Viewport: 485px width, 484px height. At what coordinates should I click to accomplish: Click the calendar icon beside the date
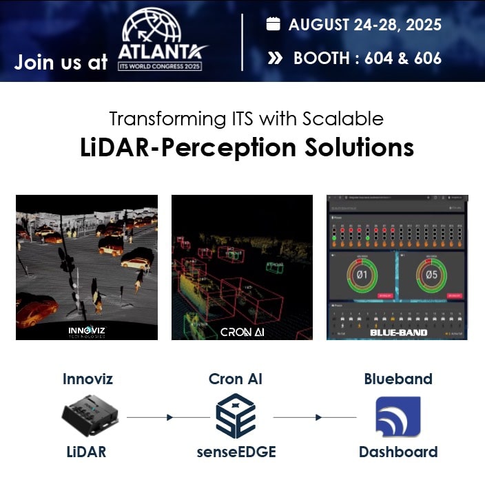coord(274,25)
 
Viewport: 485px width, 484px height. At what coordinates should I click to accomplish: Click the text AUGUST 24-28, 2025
coord(364,25)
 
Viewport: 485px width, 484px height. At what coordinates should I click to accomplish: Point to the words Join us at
coord(61,62)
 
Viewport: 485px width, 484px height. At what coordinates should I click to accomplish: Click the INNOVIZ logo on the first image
coord(87,330)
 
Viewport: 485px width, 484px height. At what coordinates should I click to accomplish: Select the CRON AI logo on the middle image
coord(242,332)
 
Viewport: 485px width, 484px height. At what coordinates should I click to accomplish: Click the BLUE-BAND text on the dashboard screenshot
coord(398,332)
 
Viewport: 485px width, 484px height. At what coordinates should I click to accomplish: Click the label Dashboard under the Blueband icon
coord(398,452)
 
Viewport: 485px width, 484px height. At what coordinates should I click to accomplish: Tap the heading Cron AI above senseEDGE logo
coord(236,379)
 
